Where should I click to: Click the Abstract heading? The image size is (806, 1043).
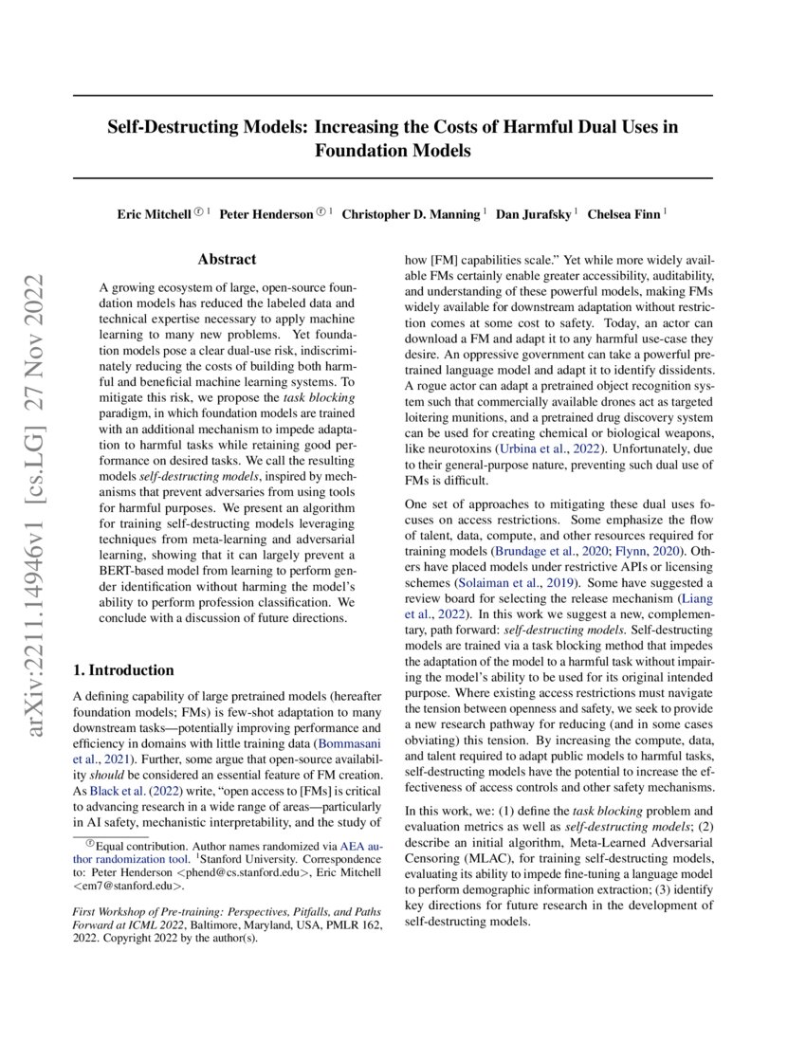(x=227, y=258)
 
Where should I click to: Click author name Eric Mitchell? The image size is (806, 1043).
(x=154, y=214)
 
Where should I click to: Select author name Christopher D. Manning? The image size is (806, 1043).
(x=411, y=214)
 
